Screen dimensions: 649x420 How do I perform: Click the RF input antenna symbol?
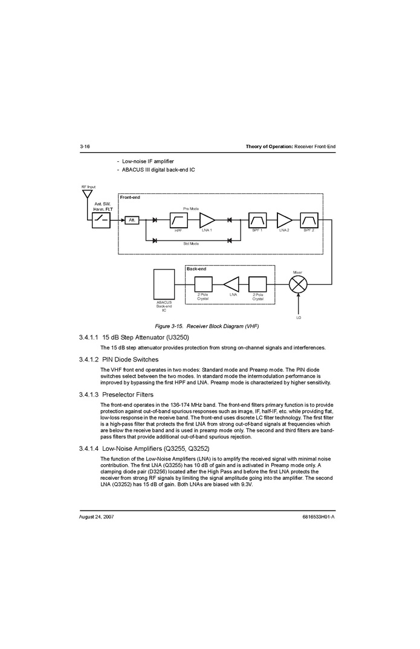tap(87, 195)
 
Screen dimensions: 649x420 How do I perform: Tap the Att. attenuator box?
tap(132, 220)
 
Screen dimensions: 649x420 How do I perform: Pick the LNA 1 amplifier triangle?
tap(207, 219)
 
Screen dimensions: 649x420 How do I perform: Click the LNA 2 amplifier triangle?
tap(283, 219)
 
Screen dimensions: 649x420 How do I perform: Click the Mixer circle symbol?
tap(298, 284)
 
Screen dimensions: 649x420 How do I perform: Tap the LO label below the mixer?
tap(298, 317)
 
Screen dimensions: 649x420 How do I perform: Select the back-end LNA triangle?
tap(232, 284)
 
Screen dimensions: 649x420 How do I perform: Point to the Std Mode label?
tap(191, 244)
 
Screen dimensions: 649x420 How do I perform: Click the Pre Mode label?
tap(191, 208)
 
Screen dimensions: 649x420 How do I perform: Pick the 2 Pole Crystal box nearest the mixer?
tap(257, 284)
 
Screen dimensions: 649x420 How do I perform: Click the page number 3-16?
tap(85, 147)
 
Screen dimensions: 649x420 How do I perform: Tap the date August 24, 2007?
tap(97, 517)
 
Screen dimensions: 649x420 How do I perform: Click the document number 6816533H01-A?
tap(318, 517)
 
